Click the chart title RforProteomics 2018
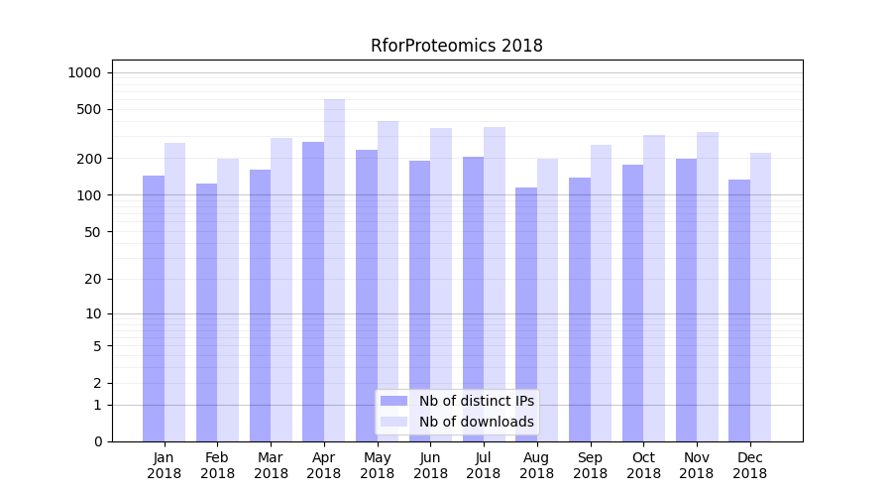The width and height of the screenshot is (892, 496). (457, 46)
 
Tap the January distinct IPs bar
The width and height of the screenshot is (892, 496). (154, 308)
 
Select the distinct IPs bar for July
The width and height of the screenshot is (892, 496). (473, 299)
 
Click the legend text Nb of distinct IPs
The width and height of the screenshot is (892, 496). (477, 401)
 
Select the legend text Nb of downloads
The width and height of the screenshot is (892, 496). (477, 422)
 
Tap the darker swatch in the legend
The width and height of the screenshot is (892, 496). (393, 401)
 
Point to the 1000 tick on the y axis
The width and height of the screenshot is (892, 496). (84, 72)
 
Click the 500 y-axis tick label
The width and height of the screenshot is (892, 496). (90, 109)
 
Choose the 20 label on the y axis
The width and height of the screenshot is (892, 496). (94, 279)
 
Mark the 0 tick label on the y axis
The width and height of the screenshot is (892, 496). (97, 441)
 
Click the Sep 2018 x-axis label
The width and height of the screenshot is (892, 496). (590, 465)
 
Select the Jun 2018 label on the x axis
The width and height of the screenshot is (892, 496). (430, 465)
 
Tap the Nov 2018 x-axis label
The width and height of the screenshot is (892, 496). (696, 465)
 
